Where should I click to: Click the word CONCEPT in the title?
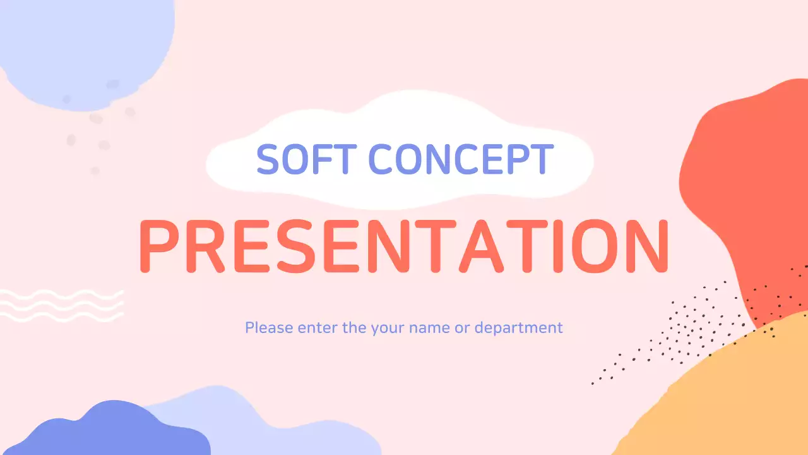tap(461, 159)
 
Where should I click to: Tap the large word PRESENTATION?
tap(403, 246)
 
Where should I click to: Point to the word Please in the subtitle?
tap(269, 328)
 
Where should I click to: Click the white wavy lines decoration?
tap(62, 305)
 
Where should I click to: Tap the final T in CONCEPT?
tap(542, 159)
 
